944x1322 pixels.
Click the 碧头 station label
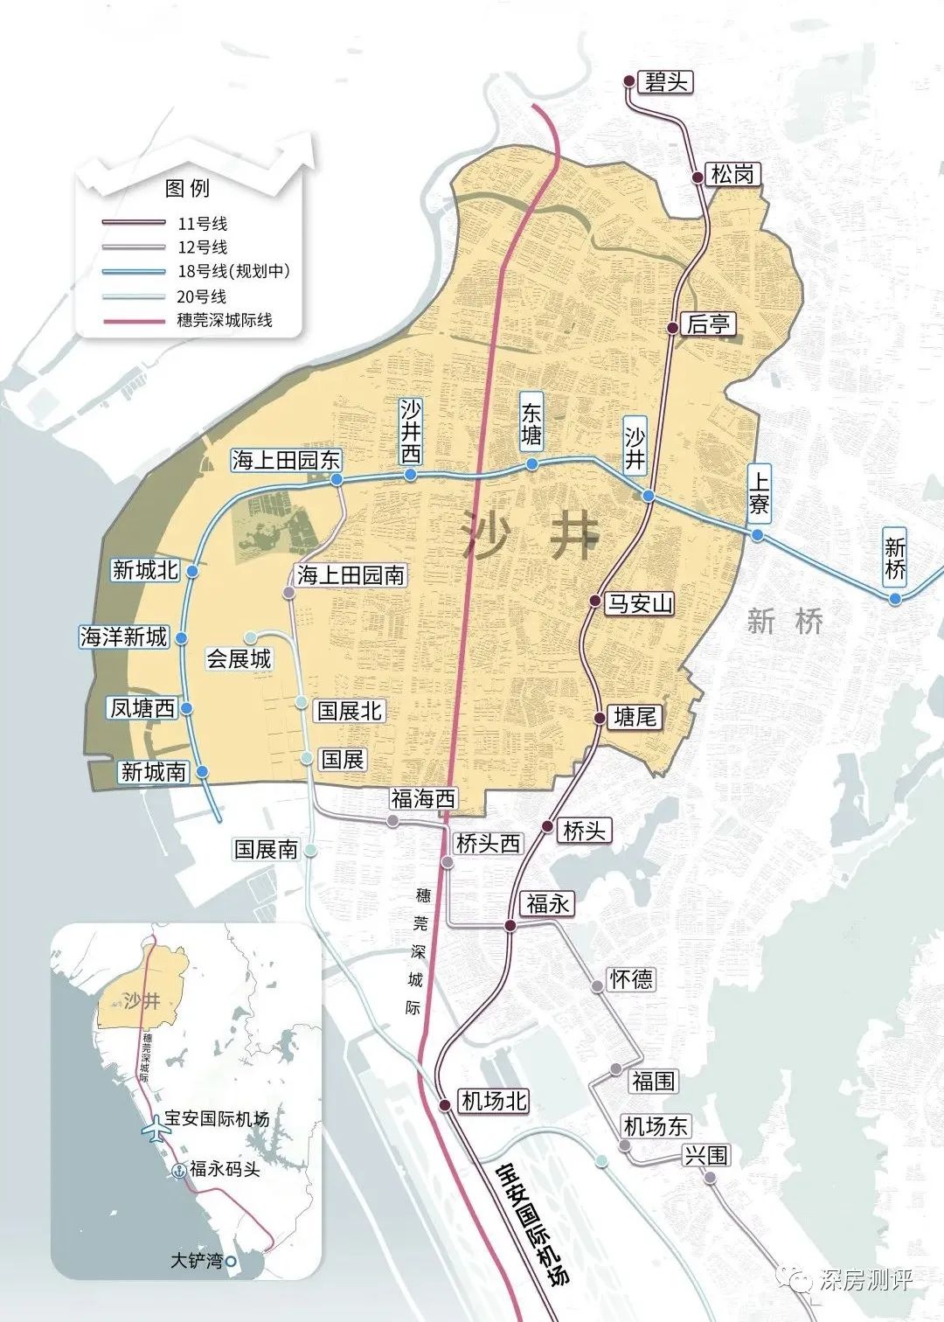(666, 82)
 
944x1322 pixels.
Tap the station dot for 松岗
(698, 177)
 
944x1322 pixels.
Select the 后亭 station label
(708, 324)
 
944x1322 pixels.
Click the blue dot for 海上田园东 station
(337, 479)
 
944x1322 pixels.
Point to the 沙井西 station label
(411, 431)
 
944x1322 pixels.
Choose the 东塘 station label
(531, 423)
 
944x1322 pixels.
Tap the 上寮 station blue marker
(757, 535)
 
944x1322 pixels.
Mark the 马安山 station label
(641, 603)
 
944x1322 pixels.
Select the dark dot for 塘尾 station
(600, 718)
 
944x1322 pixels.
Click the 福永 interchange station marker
(510, 925)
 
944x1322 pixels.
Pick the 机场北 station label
(494, 1101)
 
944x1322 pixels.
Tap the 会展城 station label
(239, 658)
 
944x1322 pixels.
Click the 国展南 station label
(266, 849)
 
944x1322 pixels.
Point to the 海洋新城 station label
(123, 637)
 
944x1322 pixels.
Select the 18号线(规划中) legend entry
(233, 271)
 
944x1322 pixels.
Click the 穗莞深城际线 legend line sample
(133, 321)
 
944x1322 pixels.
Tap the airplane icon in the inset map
(156, 1128)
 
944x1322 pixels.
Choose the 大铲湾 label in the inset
(197, 1261)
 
